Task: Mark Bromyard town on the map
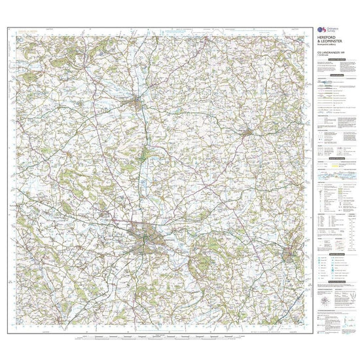(x=247, y=134)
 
